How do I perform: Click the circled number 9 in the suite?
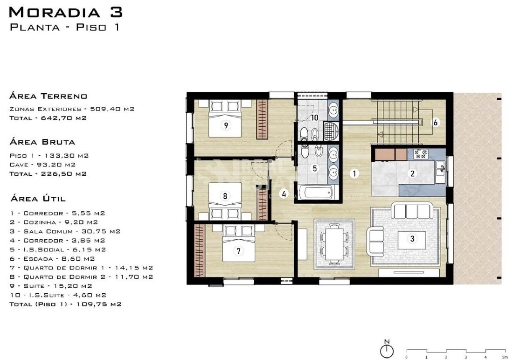[226, 125]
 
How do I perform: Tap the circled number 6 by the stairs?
[436, 122]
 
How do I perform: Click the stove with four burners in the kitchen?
[421, 154]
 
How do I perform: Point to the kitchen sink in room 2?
[440, 168]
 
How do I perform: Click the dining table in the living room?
[334, 244]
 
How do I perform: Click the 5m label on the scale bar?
[505, 357]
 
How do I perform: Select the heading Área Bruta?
[42, 142]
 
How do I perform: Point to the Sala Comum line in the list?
[65, 231]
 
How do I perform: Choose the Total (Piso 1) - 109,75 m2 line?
[65, 304]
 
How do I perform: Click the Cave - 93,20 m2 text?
[42, 165]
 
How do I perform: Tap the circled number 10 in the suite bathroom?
[314, 117]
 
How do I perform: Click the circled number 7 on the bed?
[238, 251]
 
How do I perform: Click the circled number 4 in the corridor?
[284, 194]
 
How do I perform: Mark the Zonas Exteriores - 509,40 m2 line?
[72, 109]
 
